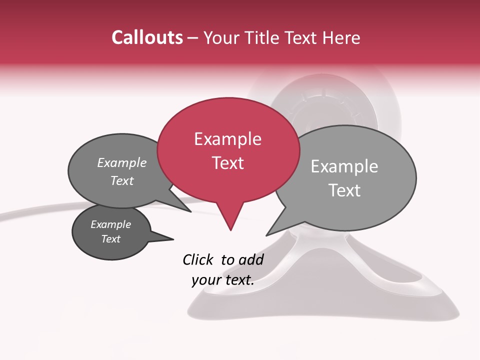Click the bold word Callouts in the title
[x=147, y=37]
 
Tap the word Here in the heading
[x=341, y=37]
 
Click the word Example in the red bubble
[x=227, y=139]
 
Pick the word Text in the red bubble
[x=227, y=163]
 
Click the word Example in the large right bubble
[x=344, y=166]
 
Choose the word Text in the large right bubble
[x=344, y=190]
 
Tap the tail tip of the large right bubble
[x=267, y=234]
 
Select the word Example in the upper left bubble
[x=122, y=162]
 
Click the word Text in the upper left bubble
[x=122, y=180]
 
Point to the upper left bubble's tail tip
[x=190, y=211]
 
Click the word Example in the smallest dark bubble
[x=111, y=224]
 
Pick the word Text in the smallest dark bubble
[x=111, y=239]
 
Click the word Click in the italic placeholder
[x=198, y=259]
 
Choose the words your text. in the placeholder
[x=223, y=279]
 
